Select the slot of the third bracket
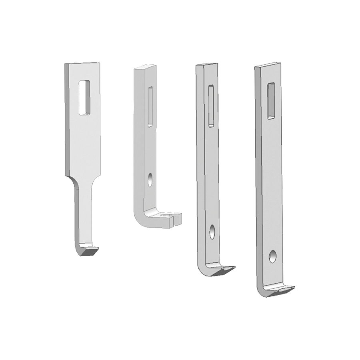pyautogui.click(x=211, y=105)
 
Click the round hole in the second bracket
pyautogui.click(x=150, y=179)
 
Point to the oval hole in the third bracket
pyautogui.click(x=212, y=232)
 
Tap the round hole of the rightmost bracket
pyautogui.click(x=273, y=256)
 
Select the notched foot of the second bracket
pyautogui.click(x=172, y=218)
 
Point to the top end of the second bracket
pyautogui.click(x=145, y=68)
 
